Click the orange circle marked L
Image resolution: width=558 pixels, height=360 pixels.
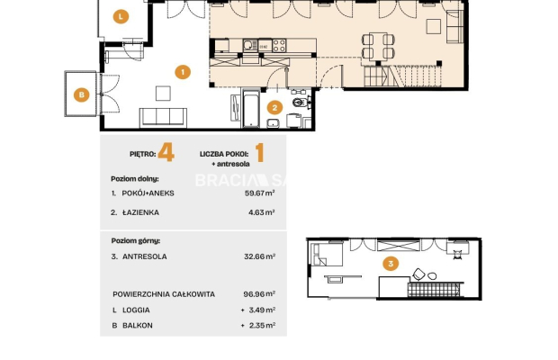coord(121,16)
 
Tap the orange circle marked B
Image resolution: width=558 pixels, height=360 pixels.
coord(82,94)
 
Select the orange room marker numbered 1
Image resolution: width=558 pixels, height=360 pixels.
coord(183,72)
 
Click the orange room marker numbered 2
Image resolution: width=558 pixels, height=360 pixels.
coord(274,107)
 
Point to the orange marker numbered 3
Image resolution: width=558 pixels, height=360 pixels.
coord(391,264)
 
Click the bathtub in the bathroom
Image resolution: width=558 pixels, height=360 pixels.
coord(251,108)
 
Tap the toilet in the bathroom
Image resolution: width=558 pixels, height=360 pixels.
coord(301,102)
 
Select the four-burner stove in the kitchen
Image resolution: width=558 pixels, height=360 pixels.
coord(279,46)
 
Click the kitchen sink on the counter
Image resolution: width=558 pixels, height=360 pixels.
coord(250,46)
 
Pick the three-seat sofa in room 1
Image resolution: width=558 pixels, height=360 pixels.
coord(163,117)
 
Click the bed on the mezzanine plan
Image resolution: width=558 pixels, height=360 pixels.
coord(327,254)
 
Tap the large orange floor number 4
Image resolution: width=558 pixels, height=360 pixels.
coord(166,152)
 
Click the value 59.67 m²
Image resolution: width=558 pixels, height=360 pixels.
coord(260,193)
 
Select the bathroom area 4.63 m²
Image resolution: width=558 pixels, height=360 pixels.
coord(262,212)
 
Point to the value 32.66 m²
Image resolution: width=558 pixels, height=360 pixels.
coord(260,256)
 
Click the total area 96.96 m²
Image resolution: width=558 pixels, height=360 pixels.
coord(259,294)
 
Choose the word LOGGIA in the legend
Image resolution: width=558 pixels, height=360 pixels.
coord(136,310)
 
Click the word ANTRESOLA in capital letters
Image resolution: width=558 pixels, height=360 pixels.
coord(145,256)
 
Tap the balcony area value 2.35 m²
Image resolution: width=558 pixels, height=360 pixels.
coord(262,325)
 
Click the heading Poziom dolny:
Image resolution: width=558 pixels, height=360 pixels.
coord(135,179)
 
